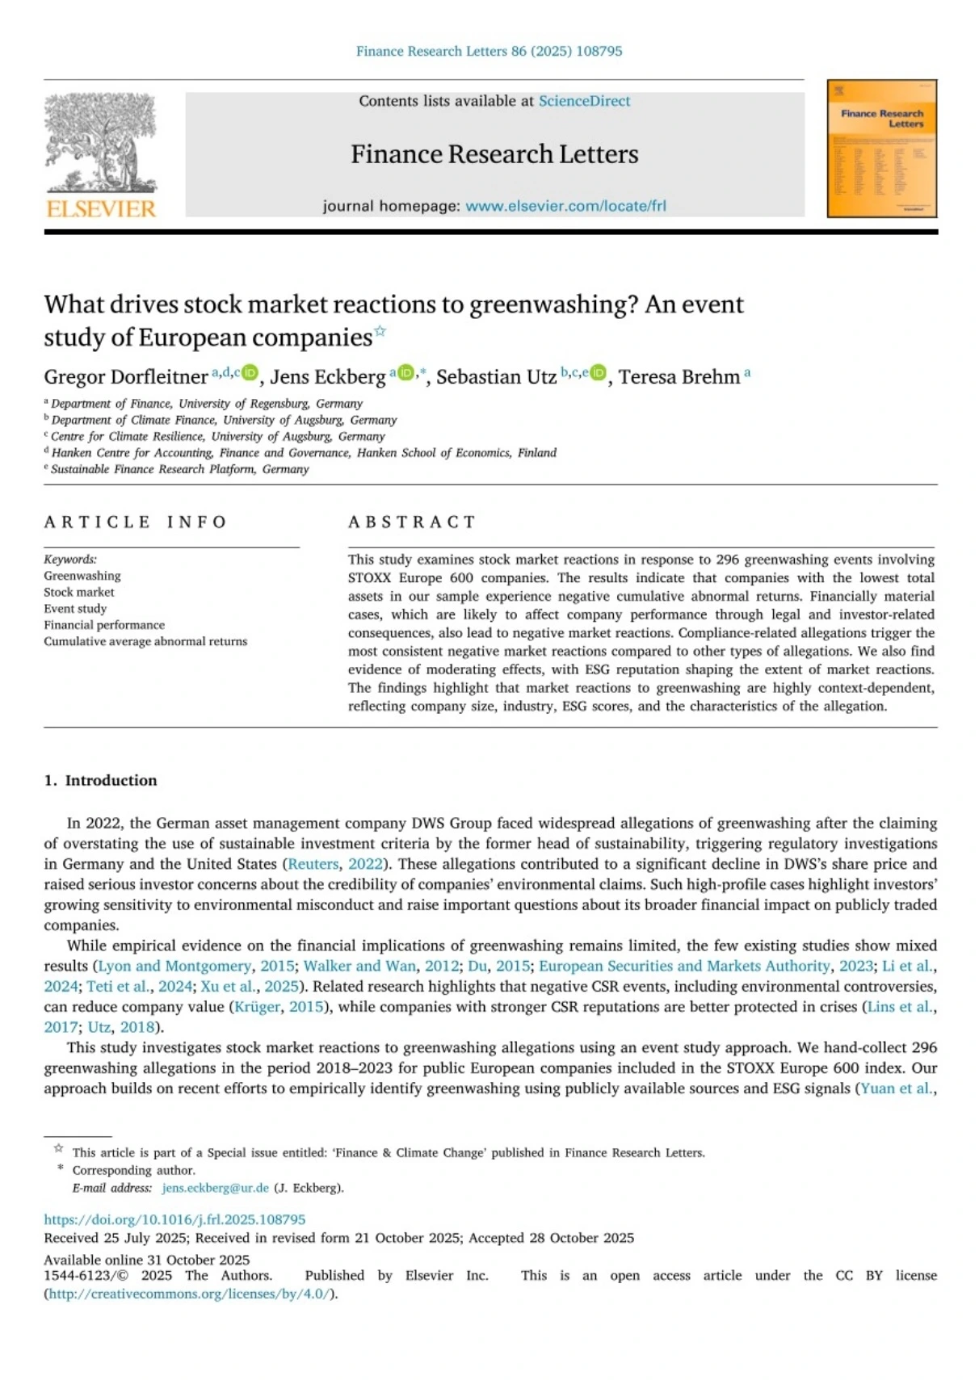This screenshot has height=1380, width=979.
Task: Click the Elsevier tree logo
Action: [101, 142]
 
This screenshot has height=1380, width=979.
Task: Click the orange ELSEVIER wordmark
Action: [101, 209]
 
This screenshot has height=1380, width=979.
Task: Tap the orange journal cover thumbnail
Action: [881, 149]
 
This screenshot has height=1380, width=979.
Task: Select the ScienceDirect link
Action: [584, 101]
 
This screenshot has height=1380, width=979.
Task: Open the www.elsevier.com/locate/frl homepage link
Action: [565, 206]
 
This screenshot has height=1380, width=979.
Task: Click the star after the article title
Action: [380, 331]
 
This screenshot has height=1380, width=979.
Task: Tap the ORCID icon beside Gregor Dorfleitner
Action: [250, 372]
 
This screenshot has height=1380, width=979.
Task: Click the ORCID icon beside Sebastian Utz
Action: [598, 372]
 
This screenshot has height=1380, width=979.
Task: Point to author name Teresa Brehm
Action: [679, 377]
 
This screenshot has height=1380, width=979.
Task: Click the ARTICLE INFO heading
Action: [136, 522]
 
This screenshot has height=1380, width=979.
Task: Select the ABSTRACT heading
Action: [412, 522]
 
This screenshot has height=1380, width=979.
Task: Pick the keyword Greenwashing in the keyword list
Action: [82, 576]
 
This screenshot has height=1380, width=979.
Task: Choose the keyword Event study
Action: [75, 609]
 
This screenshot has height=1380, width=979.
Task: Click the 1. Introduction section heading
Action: [101, 780]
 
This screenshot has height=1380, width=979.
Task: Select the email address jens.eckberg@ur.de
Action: [215, 1188]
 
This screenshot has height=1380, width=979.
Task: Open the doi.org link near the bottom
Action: [174, 1219]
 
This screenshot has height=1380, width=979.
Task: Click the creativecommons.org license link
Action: [189, 1294]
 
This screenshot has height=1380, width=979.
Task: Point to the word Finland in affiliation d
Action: [537, 453]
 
